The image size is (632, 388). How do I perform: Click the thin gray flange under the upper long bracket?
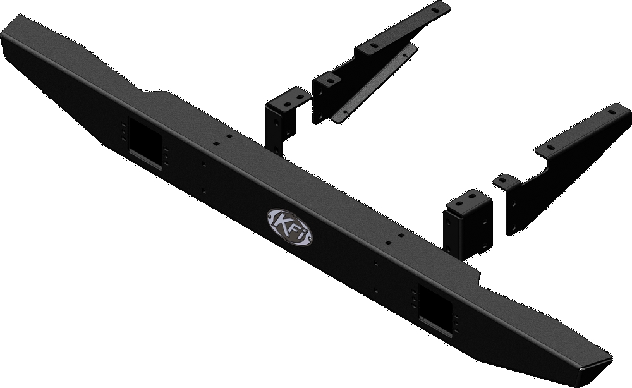[x=373, y=85]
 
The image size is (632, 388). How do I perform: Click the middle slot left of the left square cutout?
[x=124, y=133]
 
